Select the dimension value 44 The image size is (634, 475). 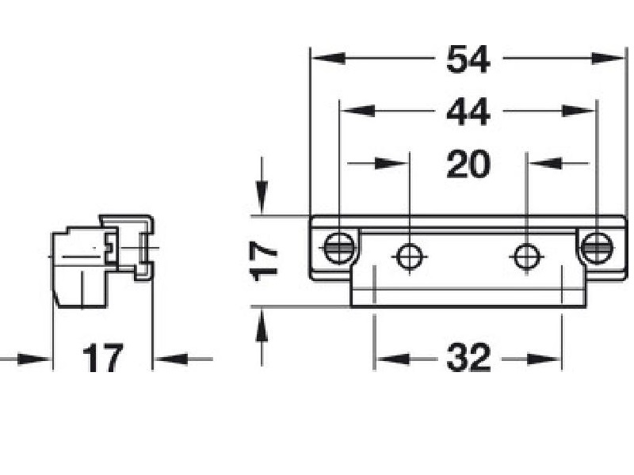pos(468,112)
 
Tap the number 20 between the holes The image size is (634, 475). pos(468,165)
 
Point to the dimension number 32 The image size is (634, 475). pos(468,360)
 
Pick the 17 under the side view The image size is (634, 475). pos(103,359)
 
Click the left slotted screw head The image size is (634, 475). pos(338,249)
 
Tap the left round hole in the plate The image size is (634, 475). pos(410,256)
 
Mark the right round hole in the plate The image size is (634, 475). pos(527,256)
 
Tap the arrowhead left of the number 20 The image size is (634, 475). pos(393,164)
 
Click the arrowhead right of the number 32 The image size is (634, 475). pos(546,360)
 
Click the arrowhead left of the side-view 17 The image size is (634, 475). pos(35,359)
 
